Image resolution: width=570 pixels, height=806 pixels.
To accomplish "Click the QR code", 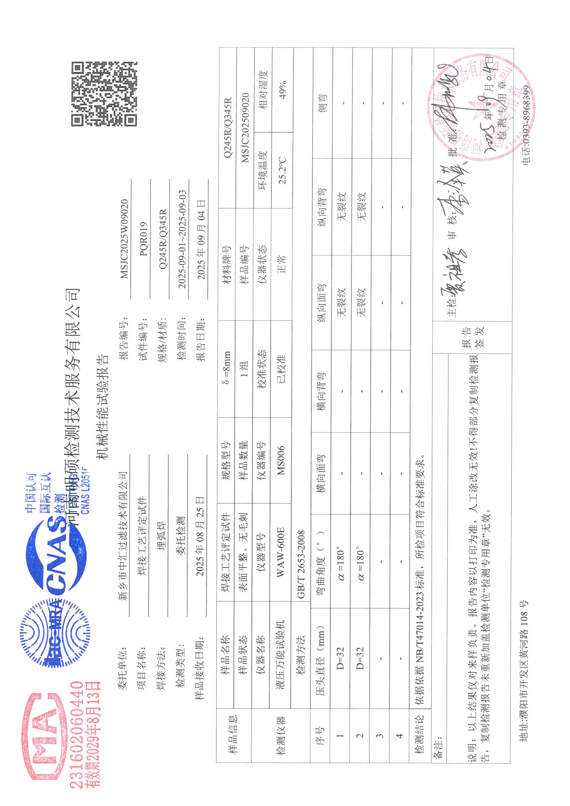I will (104, 94).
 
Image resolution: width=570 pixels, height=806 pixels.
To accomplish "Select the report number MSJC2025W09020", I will (124, 239).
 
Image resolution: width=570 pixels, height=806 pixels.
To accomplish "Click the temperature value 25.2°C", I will (282, 171).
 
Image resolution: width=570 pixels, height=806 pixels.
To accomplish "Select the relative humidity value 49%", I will (282, 90).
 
